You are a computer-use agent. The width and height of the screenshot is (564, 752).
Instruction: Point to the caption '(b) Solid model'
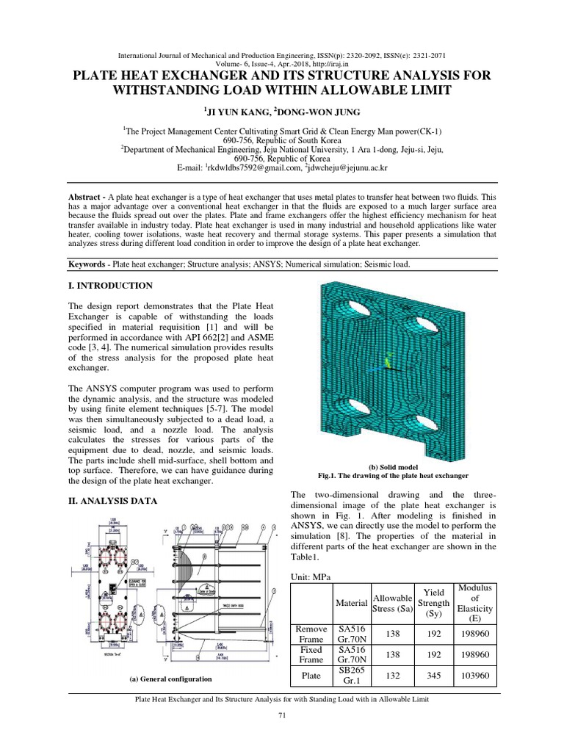point(393,466)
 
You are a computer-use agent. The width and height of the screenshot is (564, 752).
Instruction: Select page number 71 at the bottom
point(281,716)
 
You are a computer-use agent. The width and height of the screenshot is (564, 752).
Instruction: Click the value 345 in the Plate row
point(433,676)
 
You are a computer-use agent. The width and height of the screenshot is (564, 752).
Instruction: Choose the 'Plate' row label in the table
point(311,676)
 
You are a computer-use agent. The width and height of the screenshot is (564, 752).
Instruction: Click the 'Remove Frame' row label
point(311,634)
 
